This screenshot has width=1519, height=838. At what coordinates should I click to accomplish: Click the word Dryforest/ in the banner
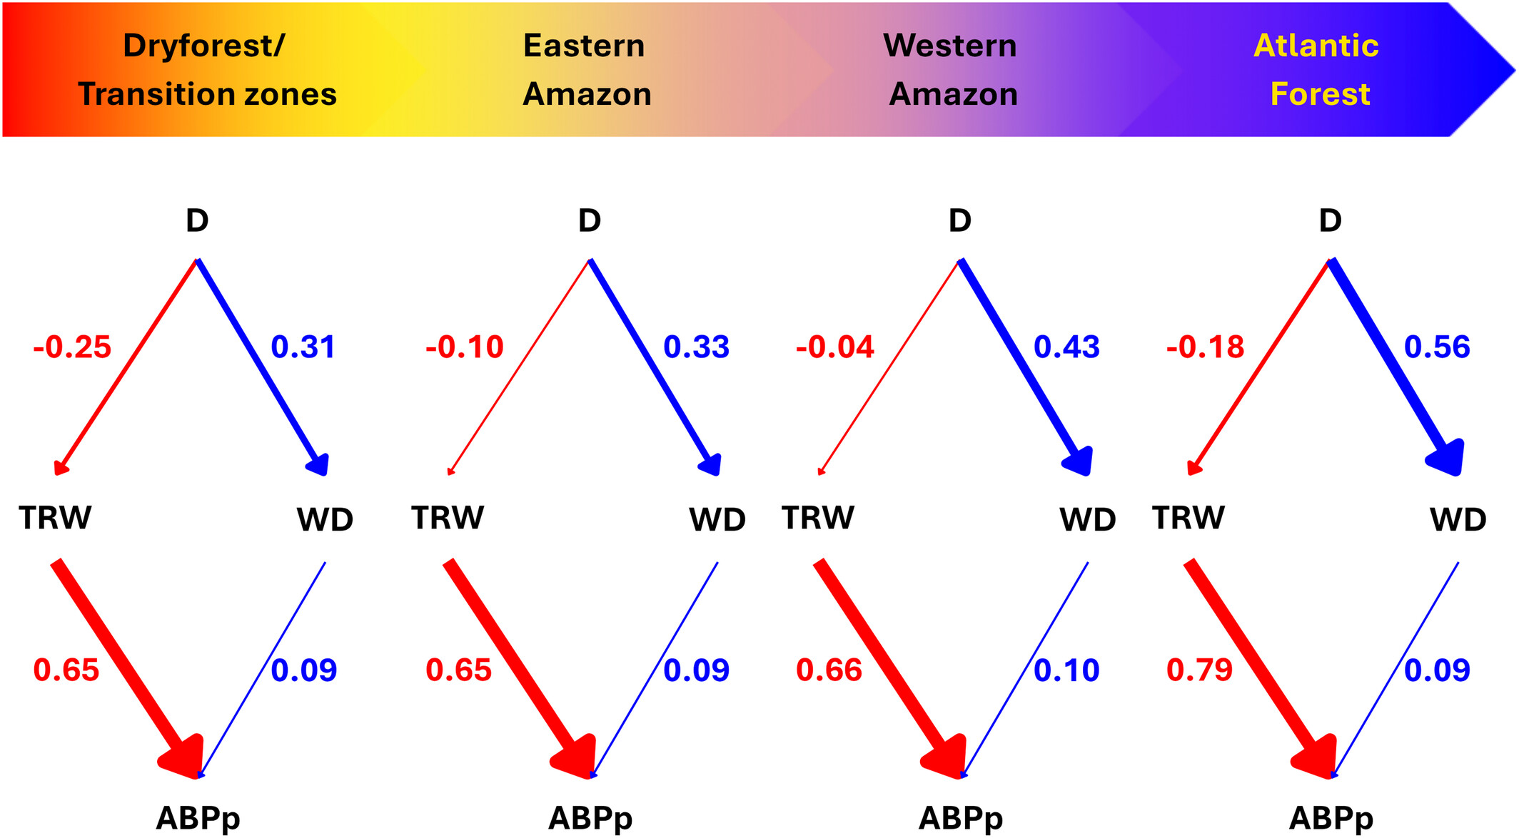click(x=203, y=46)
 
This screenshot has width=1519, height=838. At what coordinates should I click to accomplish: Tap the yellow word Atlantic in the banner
click(x=1316, y=46)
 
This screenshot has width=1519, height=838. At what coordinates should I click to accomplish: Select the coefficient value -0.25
click(x=72, y=347)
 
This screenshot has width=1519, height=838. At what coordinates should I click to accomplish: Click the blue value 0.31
click(x=303, y=347)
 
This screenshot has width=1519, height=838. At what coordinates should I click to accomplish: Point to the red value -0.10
click(x=464, y=347)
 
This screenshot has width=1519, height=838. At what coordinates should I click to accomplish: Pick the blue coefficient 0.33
click(x=696, y=347)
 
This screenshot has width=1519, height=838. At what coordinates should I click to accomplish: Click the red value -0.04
click(x=834, y=347)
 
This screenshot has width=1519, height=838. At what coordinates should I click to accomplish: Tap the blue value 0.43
click(x=1066, y=347)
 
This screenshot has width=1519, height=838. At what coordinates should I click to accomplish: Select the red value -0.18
click(x=1205, y=347)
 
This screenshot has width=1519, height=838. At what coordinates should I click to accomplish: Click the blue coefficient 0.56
click(x=1437, y=347)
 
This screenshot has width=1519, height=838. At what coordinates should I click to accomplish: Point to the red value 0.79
click(x=1199, y=670)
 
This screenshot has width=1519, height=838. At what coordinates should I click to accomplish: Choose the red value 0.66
click(x=829, y=670)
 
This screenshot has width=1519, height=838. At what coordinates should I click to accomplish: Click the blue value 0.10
click(x=1066, y=670)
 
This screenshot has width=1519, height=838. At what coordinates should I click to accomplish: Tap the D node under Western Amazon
click(x=959, y=220)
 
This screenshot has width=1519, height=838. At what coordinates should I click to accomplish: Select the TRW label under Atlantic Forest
click(x=1189, y=518)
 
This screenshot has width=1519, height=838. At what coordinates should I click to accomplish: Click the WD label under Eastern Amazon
click(x=717, y=520)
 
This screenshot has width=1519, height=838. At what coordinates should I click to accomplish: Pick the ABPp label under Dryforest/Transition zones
click(x=198, y=818)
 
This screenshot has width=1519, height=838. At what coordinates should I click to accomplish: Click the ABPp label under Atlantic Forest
click(x=1331, y=818)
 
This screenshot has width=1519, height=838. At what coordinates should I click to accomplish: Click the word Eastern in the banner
click(x=584, y=46)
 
